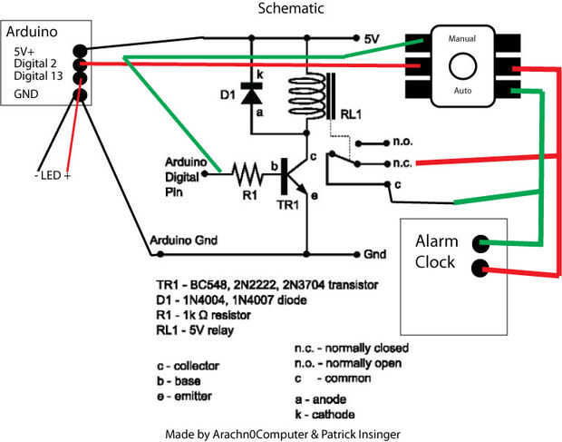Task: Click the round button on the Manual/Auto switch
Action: point(463,66)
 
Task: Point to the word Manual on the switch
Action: point(462,39)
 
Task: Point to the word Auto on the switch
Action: point(462,92)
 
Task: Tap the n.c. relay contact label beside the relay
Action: point(404,163)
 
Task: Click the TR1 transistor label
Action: point(286,204)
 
